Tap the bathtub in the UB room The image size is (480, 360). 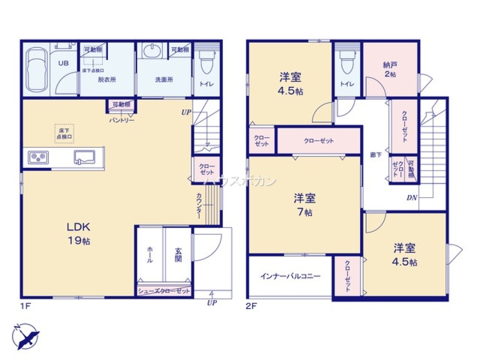pyautogui.click(x=36, y=70)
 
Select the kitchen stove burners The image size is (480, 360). pyautogui.click(x=37, y=157)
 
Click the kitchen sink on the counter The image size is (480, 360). pyautogui.click(x=85, y=157)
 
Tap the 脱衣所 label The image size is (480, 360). pyautogui.click(x=107, y=80)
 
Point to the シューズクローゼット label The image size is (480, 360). pyautogui.click(x=164, y=291)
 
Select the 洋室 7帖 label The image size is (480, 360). pyautogui.click(x=304, y=204)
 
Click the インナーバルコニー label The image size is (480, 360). pyautogui.click(x=290, y=276)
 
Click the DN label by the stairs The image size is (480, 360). pyautogui.click(x=411, y=198)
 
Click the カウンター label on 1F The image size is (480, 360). pyautogui.click(x=199, y=205)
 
